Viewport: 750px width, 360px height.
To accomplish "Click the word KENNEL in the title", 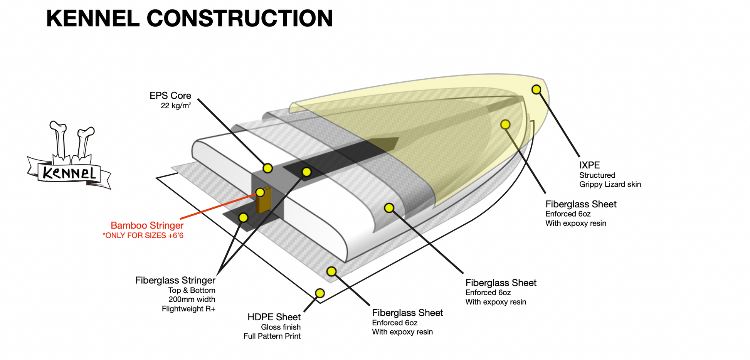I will click(92, 18).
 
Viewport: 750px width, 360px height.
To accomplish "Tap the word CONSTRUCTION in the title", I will click(240, 18).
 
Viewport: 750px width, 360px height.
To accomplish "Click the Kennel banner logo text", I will click(69, 173).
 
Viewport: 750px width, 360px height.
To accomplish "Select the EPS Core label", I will click(170, 96).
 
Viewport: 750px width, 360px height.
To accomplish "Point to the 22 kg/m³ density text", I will click(176, 106).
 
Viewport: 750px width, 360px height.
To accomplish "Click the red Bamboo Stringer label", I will click(147, 225).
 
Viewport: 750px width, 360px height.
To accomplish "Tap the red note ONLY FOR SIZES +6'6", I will click(143, 236).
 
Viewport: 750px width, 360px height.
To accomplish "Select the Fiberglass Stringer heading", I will click(175, 280).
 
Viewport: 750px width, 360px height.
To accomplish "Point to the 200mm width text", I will click(192, 299).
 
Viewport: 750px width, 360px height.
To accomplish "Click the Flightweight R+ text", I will click(188, 309).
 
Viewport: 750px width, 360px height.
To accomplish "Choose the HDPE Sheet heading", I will click(274, 317).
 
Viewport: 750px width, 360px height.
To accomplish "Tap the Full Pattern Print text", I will click(272, 336).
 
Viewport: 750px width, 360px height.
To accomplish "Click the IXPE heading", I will click(590, 165).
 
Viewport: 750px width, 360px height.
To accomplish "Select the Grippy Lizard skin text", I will click(610, 184).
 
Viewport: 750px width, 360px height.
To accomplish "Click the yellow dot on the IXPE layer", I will click(536, 90).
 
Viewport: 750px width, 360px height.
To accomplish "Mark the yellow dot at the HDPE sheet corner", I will click(320, 293).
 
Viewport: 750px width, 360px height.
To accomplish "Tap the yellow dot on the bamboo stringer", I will click(260, 192).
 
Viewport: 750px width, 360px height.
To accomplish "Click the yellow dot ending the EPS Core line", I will click(268, 168).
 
